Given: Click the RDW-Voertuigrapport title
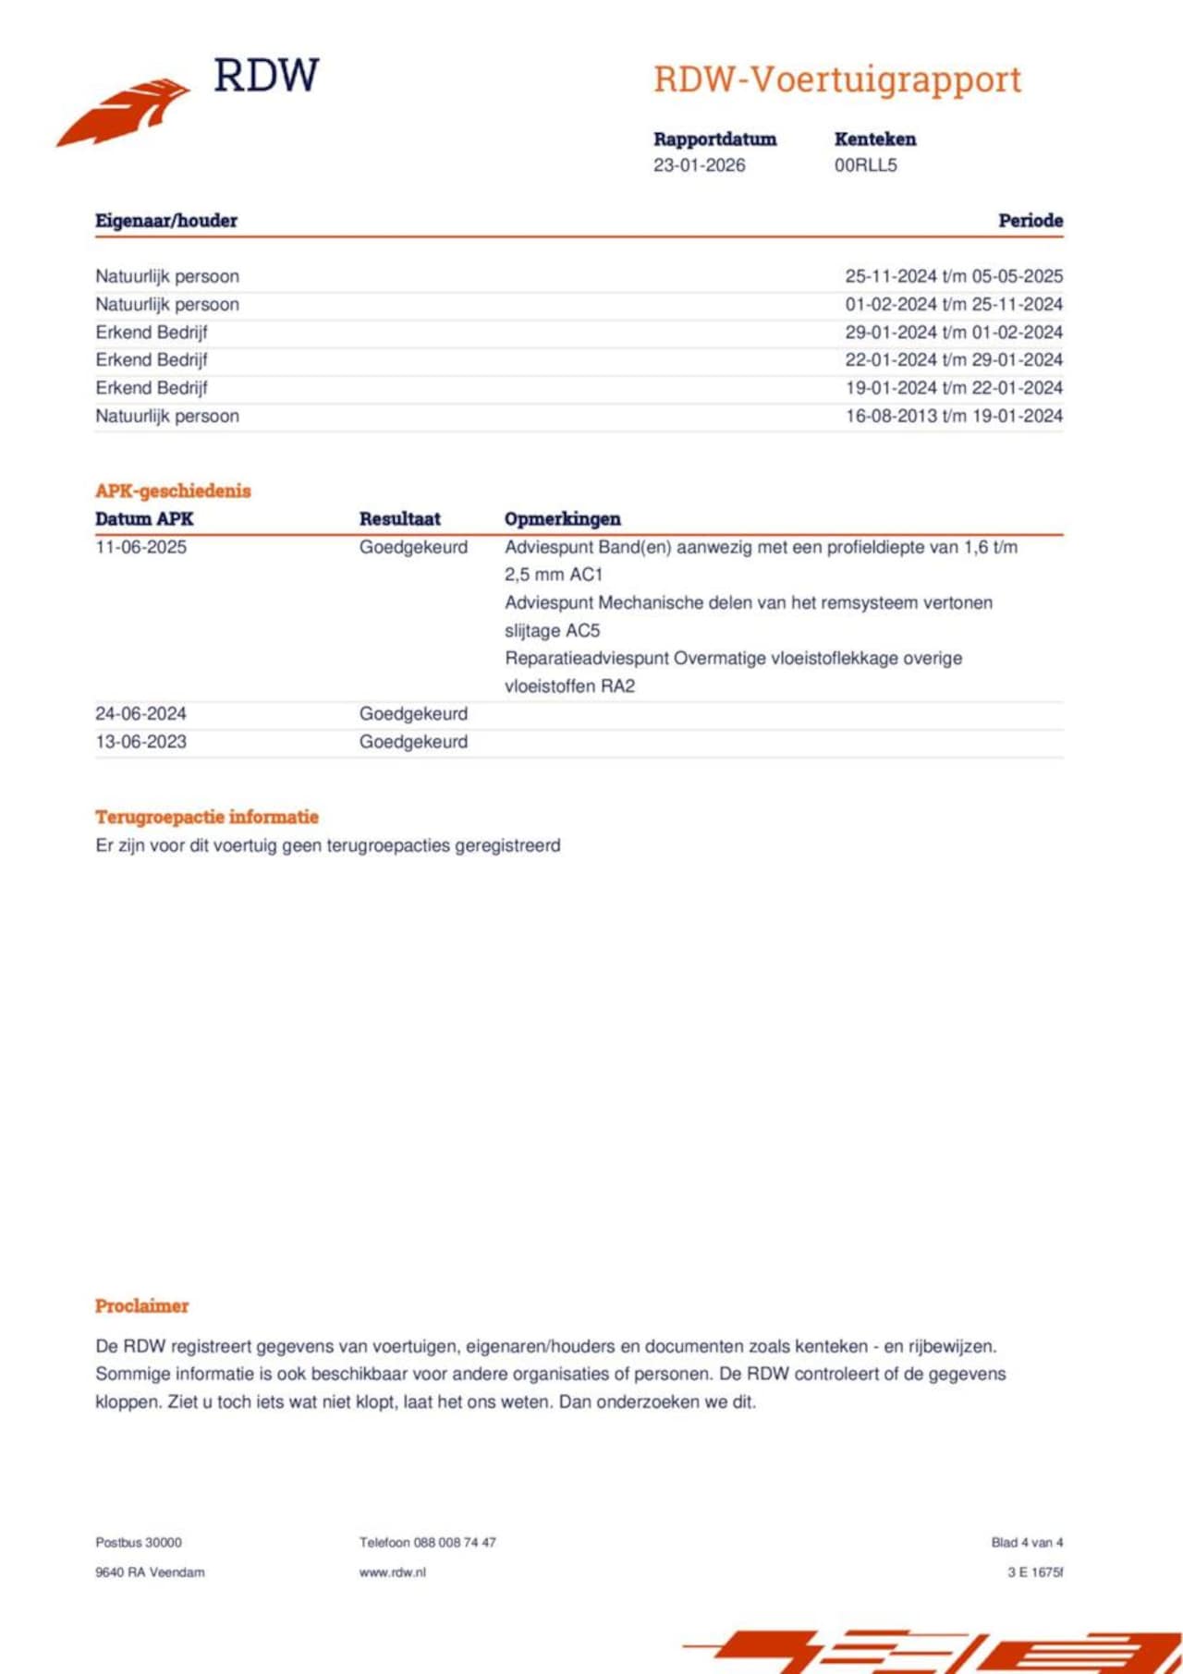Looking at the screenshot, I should click(x=837, y=80).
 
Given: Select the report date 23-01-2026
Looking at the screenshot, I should click(x=699, y=165).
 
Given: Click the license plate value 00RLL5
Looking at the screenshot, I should click(x=865, y=165).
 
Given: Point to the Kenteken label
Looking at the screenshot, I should click(x=874, y=139).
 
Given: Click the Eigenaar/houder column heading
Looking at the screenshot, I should click(x=166, y=221).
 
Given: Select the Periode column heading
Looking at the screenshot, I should click(x=1030, y=221).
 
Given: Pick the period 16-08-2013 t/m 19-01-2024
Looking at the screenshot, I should click(x=954, y=416).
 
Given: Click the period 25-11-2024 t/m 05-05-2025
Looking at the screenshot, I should click(x=954, y=276).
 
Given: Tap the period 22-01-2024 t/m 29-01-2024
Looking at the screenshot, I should click(x=954, y=360).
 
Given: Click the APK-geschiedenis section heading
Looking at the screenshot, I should click(x=173, y=491).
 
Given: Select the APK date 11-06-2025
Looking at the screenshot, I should click(x=140, y=547).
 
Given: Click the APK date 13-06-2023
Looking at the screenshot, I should click(x=140, y=742).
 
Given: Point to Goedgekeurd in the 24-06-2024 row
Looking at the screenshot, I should click(x=413, y=714).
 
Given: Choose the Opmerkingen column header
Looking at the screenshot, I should click(x=562, y=519).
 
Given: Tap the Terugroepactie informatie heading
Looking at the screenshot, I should click(x=207, y=817).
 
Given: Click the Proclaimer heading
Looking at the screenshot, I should click(x=141, y=1306).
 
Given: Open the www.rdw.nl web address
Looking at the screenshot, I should click(x=392, y=1572).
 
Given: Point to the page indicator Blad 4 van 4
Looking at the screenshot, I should click(x=1027, y=1543).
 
